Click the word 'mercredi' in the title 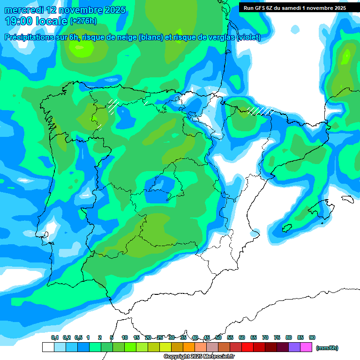point(23,10)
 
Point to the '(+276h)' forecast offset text point(83,21)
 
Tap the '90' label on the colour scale point(312,337)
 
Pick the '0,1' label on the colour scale point(54,337)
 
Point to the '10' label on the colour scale point(125,337)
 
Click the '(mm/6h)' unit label point(327,348)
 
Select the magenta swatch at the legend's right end point(306,347)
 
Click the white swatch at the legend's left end point(48,347)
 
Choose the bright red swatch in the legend point(247,347)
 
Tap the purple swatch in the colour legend point(294,347)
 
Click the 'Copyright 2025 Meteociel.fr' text point(199,357)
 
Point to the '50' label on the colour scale point(218,337)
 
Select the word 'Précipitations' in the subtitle point(29,37)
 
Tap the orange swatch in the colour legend point(189,347)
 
